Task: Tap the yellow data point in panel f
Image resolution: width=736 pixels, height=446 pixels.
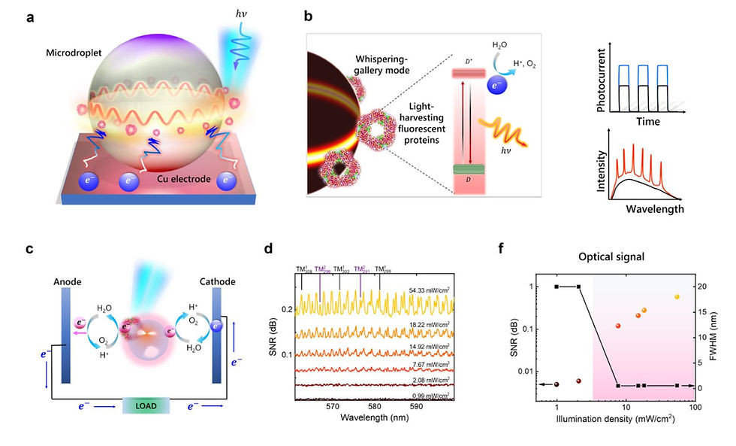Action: (x=677, y=297)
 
